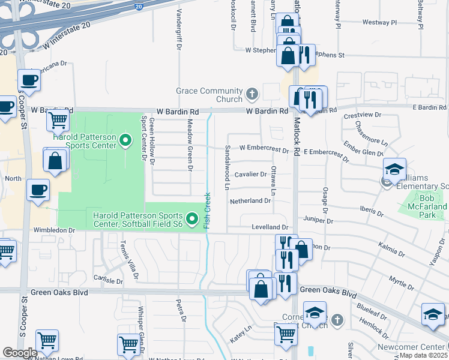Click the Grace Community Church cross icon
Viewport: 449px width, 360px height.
click(x=252, y=94)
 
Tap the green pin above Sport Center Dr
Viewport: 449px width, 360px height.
click(x=125, y=141)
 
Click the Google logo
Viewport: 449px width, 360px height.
click(x=19, y=353)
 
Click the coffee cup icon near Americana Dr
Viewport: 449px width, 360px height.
click(x=28, y=80)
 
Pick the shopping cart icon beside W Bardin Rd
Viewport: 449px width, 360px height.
click(x=58, y=121)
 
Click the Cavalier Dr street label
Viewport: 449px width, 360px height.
click(x=250, y=174)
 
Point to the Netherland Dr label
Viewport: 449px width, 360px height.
click(x=250, y=200)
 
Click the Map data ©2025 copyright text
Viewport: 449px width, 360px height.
click(x=423, y=355)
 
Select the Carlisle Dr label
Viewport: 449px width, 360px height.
click(x=109, y=280)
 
